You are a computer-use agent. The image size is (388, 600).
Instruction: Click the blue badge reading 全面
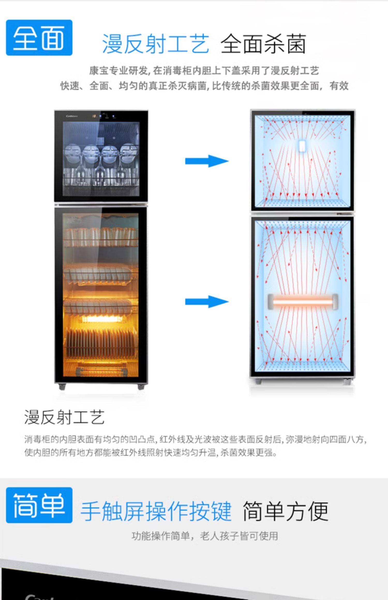(x=39, y=38)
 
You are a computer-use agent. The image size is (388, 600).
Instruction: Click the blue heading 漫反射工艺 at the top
(x=156, y=44)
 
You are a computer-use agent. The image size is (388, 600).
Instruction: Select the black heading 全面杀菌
(x=264, y=44)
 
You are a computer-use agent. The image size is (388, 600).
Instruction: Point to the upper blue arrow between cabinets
(x=207, y=161)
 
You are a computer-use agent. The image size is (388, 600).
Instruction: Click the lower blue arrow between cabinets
(x=207, y=302)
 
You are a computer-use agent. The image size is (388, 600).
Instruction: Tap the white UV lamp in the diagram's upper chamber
(x=302, y=146)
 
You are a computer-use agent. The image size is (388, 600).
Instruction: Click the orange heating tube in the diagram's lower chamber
(x=303, y=302)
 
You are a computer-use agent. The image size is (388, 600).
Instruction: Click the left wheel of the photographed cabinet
(x=62, y=387)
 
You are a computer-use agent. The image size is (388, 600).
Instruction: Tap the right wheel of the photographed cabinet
(x=141, y=387)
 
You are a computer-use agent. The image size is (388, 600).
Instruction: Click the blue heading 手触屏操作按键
(x=156, y=511)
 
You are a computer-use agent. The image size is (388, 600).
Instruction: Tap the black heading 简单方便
(x=285, y=511)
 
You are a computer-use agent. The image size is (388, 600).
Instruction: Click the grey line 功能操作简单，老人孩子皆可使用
(x=205, y=536)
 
